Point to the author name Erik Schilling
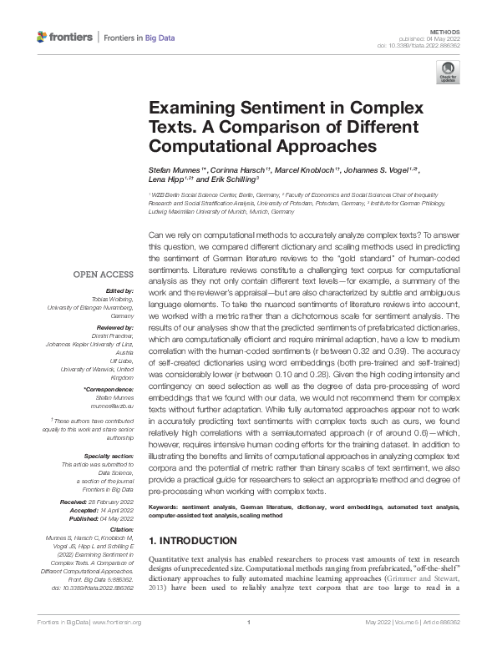(234, 179)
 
